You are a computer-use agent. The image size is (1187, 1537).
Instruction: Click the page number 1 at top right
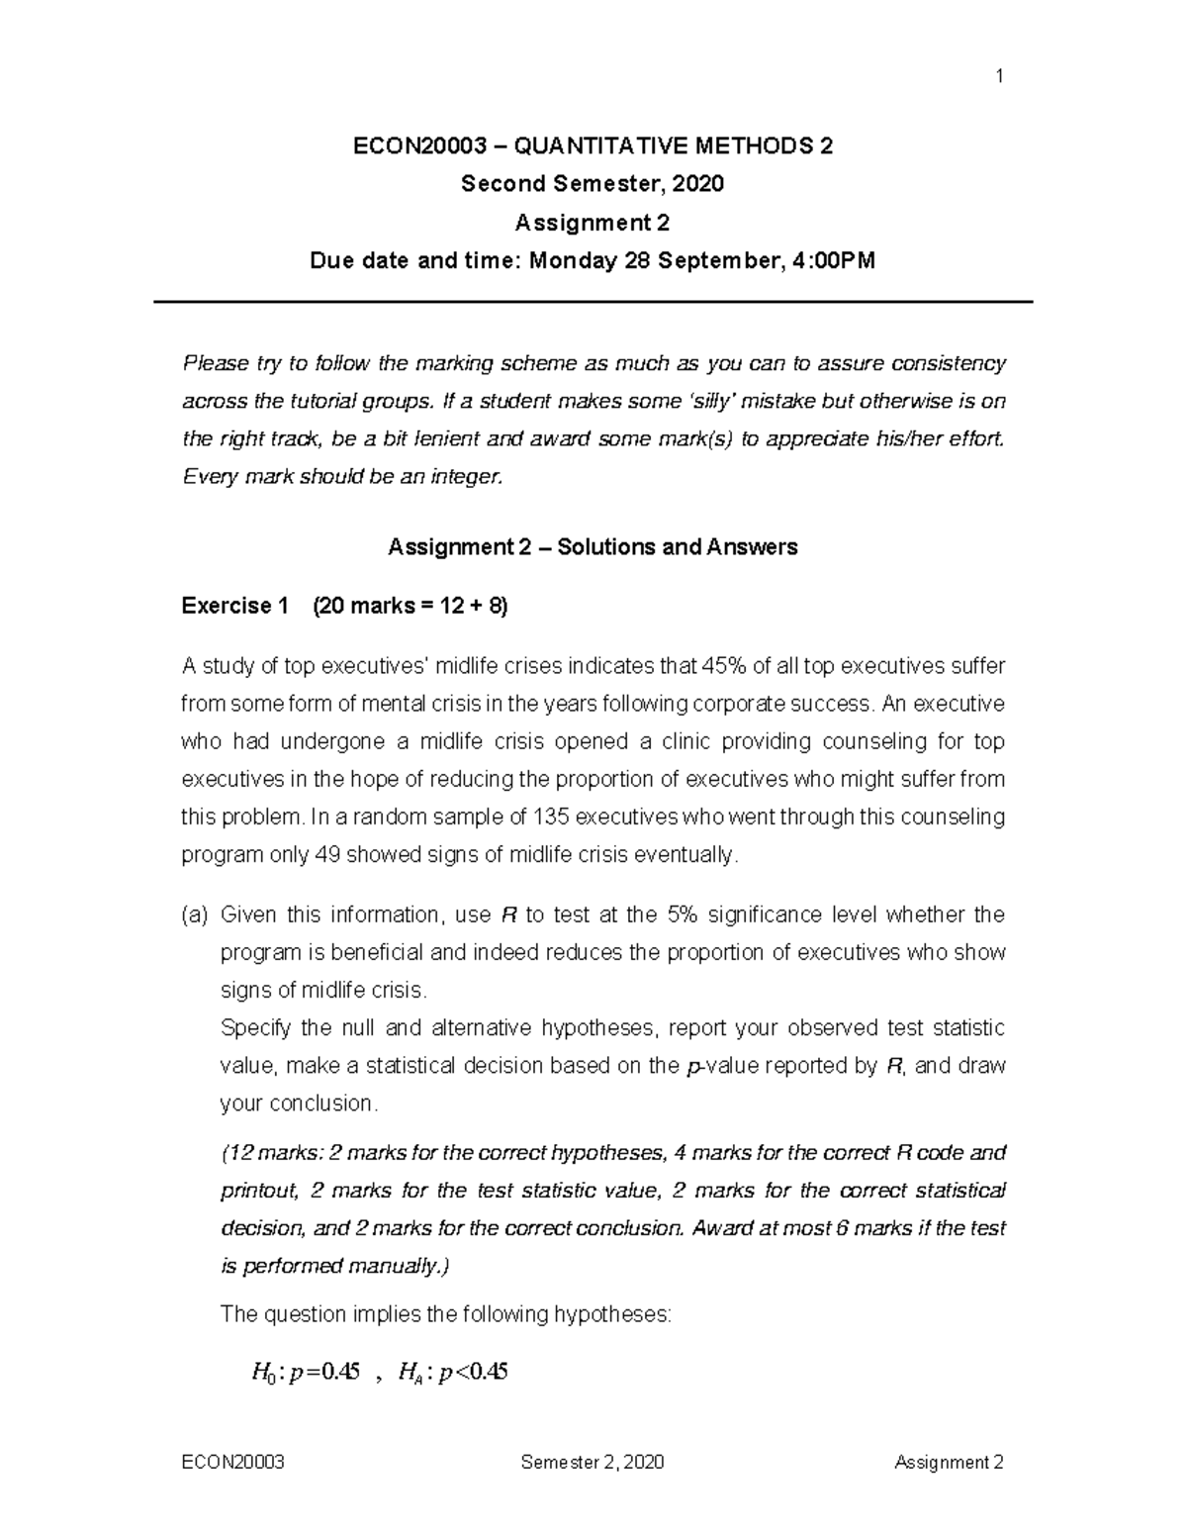tap(999, 77)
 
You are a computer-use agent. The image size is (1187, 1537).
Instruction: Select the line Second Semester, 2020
tap(593, 184)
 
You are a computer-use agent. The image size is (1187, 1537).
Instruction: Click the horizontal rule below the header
tap(593, 302)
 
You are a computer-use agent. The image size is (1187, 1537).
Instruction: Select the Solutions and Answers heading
tap(678, 546)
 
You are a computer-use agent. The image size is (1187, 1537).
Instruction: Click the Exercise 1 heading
tap(235, 606)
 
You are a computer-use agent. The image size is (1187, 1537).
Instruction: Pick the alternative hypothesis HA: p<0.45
tap(452, 1372)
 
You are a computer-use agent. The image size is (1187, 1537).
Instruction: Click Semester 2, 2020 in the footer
tap(593, 1462)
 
